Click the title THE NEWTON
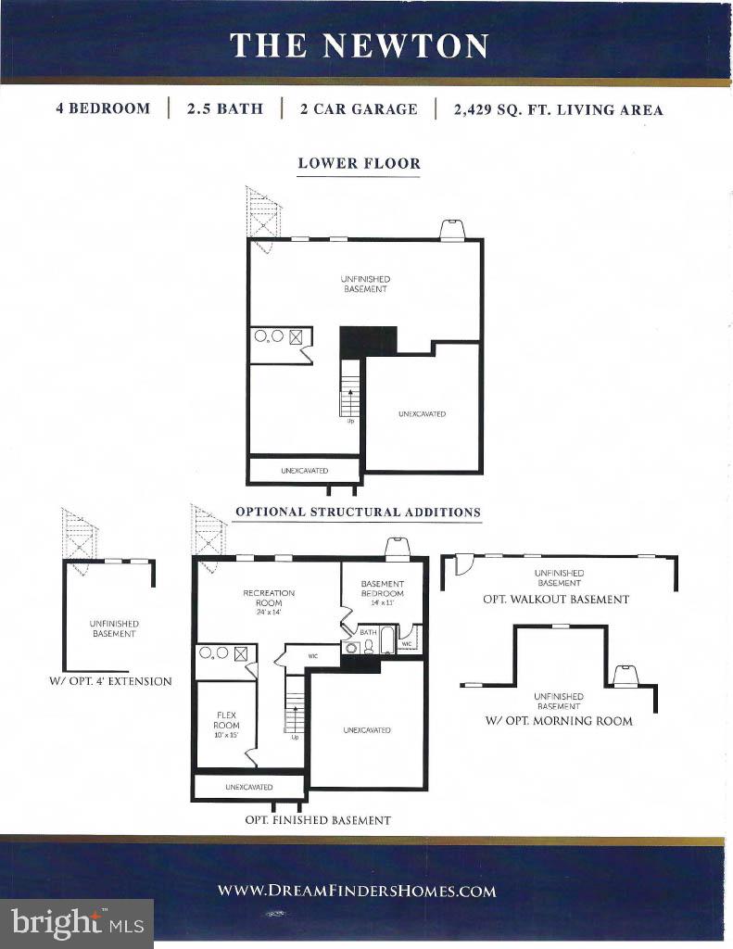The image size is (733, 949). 360,45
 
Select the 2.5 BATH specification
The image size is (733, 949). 224,108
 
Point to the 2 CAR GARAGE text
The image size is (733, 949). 359,108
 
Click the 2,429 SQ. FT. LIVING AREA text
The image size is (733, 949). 558,109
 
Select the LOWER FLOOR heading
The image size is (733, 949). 359,163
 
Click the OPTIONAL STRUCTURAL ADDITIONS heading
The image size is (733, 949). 358,512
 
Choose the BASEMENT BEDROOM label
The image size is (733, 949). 383,592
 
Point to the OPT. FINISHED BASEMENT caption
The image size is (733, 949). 318,820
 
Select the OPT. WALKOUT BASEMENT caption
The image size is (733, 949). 556,600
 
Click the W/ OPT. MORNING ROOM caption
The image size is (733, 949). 559,721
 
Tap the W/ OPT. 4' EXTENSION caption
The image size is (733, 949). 110,681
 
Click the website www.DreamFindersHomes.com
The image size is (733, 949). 357,892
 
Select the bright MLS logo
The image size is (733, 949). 78,923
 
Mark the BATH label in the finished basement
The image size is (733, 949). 368,632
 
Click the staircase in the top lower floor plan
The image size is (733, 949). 350,389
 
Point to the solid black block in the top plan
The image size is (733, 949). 368,339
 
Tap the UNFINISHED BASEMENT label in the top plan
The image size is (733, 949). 364,284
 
